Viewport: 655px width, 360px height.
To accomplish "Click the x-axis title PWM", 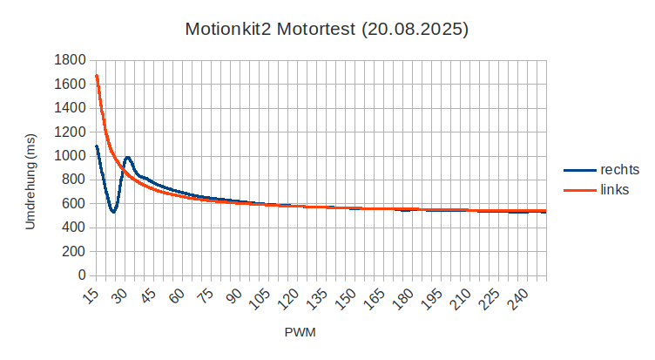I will point(300,333).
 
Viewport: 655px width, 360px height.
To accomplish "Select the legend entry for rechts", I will point(619,170).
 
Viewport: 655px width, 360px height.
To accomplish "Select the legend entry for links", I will point(615,190).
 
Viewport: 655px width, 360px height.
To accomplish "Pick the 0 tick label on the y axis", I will point(82,275).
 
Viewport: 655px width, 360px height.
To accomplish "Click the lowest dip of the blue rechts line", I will point(113,212).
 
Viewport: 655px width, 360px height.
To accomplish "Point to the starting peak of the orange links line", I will point(96,76).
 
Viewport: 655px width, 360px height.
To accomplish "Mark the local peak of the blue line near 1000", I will point(128,157).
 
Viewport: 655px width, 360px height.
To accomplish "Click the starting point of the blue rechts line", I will point(96,146).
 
